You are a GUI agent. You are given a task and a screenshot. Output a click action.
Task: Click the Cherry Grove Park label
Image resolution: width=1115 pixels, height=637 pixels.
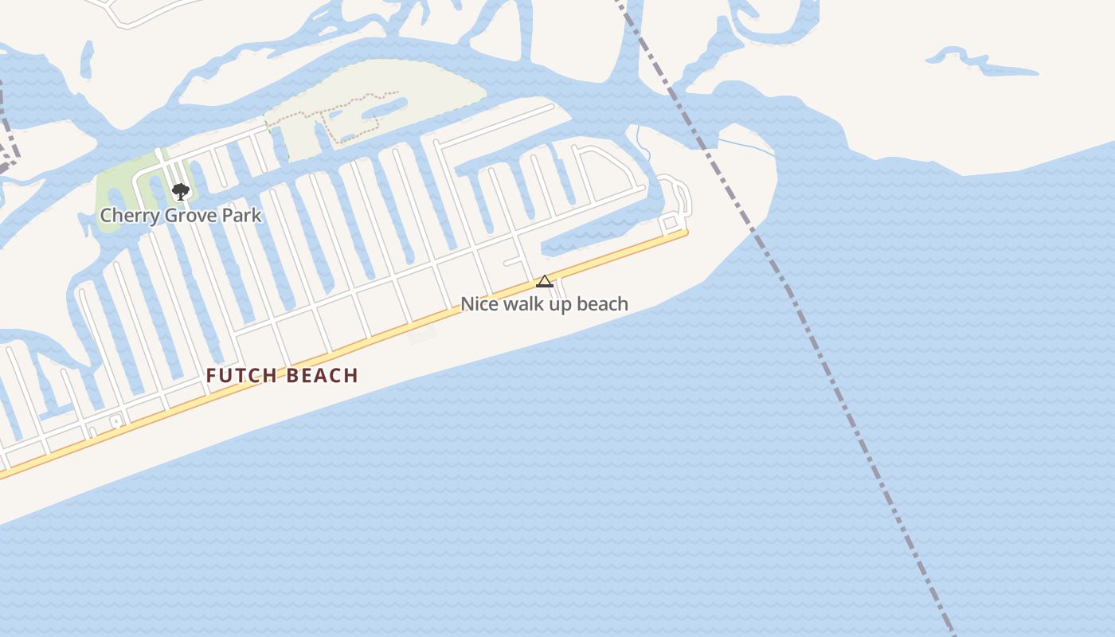pos(180,216)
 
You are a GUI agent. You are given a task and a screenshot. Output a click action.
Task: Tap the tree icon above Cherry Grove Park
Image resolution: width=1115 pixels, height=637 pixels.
pos(180,191)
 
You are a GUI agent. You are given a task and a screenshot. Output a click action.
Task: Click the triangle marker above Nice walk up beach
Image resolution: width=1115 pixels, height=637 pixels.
pos(545,281)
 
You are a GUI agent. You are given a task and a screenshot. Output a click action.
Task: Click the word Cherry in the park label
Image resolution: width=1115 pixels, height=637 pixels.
pos(126,216)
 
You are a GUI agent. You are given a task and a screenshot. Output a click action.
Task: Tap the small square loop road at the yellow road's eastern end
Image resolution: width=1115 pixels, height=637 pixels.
pos(670,222)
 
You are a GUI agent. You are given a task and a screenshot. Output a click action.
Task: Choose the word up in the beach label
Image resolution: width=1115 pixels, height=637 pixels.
pos(560,304)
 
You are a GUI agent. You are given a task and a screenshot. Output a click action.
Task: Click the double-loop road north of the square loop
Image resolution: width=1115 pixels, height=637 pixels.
pos(677,195)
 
